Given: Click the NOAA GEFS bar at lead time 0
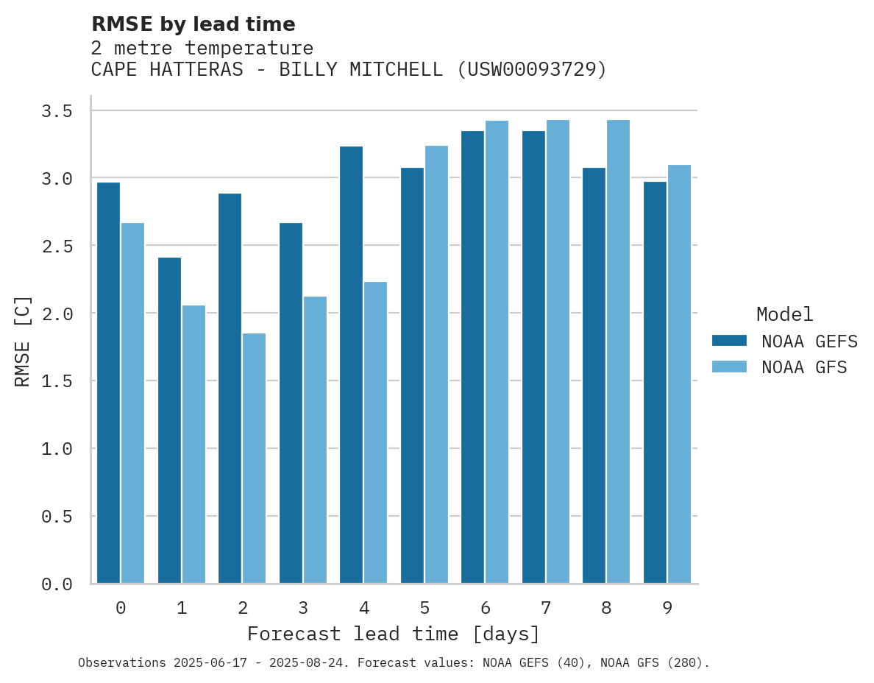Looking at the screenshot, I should (108, 383).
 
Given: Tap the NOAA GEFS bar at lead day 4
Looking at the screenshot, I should (351, 364).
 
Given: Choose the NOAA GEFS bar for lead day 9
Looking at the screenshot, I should (655, 382).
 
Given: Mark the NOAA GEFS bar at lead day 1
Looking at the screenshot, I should (169, 420).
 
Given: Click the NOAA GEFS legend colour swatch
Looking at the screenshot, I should (729, 341).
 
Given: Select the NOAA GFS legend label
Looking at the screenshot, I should (804, 367).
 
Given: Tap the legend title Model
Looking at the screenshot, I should (784, 315).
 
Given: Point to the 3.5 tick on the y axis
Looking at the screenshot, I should (57, 111).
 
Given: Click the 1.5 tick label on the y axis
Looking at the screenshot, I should (57, 381).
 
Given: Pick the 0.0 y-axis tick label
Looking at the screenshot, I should (57, 584).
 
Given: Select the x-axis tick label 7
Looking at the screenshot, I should (546, 609).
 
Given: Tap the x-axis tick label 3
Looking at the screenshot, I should (303, 609).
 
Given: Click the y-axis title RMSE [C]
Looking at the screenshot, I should (23, 341).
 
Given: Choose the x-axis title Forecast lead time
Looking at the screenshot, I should (394, 634).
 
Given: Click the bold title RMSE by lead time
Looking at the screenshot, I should (193, 24).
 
